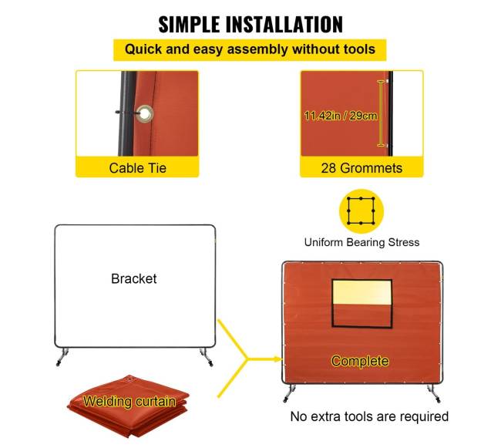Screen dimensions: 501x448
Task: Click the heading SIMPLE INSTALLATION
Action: click(250, 25)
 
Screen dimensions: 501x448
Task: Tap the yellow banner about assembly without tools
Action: click(250, 50)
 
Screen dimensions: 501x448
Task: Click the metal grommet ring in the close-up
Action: click(145, 113)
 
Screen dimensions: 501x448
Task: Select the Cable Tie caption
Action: click(138, 168)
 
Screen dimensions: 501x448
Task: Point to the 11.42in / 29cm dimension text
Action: click(341, 116)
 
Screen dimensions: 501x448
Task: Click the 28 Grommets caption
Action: click(361, 168)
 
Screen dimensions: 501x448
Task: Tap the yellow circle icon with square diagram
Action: click(361, 211)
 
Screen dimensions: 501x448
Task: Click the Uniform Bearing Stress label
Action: click(361, 242)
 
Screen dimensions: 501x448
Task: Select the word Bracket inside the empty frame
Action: click(134, 278)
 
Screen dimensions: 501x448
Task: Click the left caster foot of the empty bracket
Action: click(62, 357)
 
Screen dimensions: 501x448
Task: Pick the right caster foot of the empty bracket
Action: click(206, 357)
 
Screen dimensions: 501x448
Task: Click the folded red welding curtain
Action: click(128, 406)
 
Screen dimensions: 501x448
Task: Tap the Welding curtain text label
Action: click(129, 401)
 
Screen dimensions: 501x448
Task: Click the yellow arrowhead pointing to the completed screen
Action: click(277, 359)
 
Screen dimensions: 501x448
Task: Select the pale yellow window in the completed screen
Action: click(362, 292)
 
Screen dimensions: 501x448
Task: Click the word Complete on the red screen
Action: click(360, 361)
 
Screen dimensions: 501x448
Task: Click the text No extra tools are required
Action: click(369, 416)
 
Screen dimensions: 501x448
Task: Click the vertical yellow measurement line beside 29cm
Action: click(381, 114)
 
